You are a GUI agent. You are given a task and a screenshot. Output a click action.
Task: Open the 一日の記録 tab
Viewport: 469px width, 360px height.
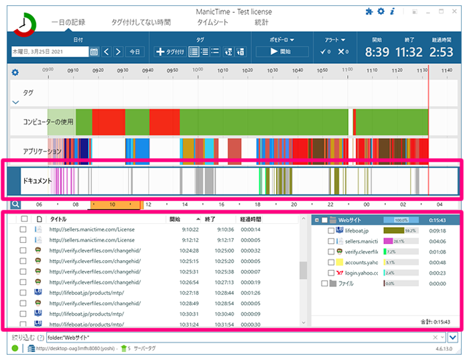click(x=68, y=22)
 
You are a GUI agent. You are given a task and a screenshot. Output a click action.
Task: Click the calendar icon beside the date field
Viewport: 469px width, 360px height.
click(x=94, y=52)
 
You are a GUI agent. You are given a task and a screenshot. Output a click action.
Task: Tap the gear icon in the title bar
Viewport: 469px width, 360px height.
click(x=381, y=11)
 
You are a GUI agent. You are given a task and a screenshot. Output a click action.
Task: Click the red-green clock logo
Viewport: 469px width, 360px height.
click(x=25, y=23)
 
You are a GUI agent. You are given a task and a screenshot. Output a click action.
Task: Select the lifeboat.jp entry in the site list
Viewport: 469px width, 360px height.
click(x=357, y=231)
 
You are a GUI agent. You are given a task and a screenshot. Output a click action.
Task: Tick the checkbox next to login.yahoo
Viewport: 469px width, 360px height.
click(x=331, y=273)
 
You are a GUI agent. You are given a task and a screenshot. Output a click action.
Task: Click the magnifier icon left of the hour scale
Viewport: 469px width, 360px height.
click(x=14, y=204)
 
